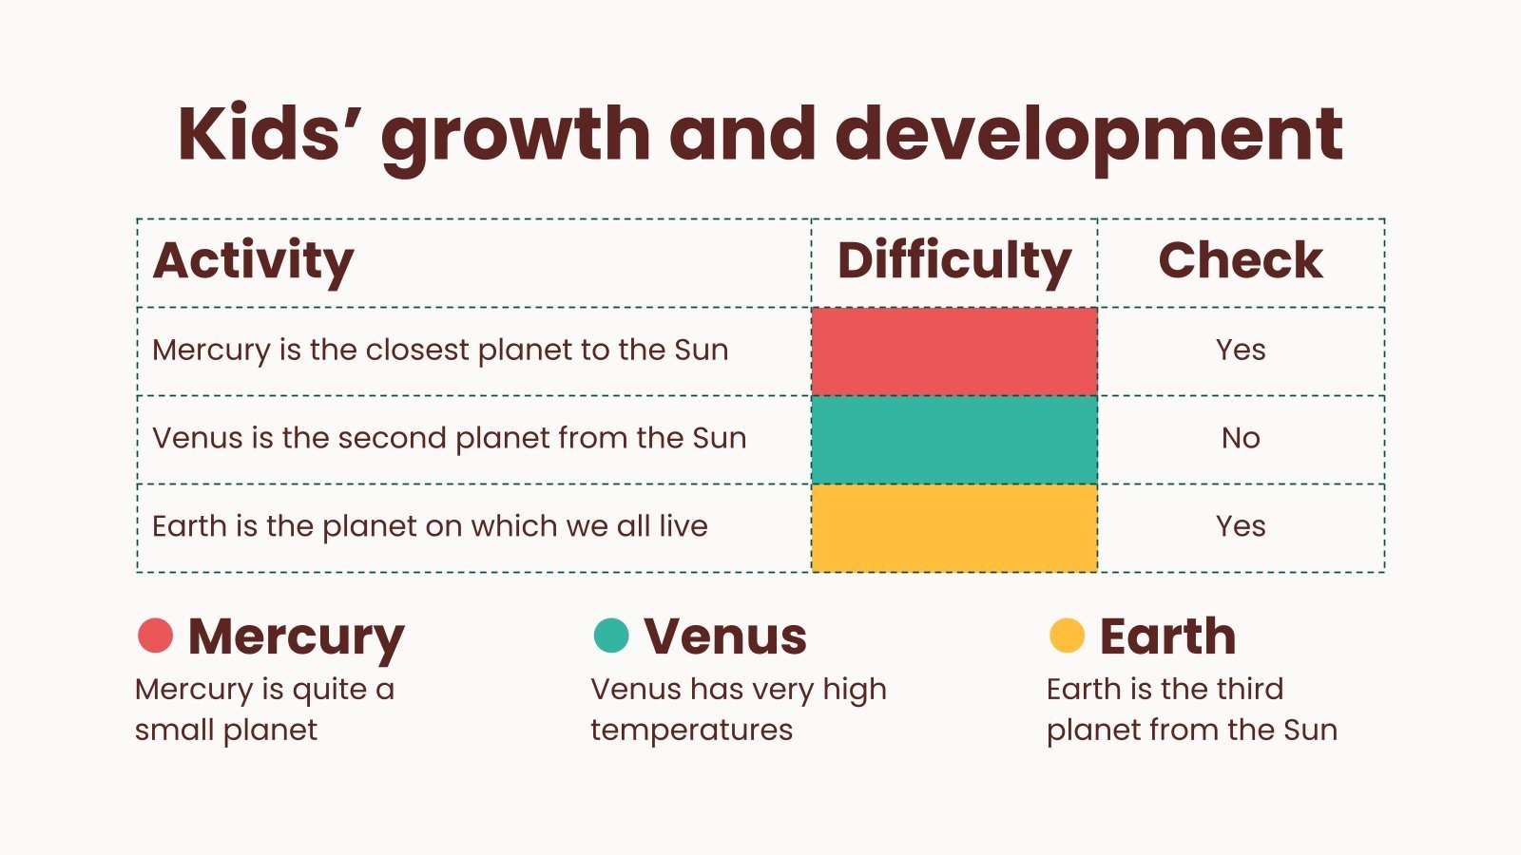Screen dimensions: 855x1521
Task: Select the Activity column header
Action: point(253,260)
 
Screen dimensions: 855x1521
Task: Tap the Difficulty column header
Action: point(954,260)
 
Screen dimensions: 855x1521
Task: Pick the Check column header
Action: point(1241,260)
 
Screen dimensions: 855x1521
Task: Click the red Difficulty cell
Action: point(954,351)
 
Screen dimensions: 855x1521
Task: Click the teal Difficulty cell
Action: point(954,439)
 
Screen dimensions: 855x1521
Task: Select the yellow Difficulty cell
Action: point(954,527)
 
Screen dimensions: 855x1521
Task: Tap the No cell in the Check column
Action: point(1241,438)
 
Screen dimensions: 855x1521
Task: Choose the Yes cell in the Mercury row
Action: point(1241,350)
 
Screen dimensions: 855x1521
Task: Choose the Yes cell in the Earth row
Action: point(1241,526)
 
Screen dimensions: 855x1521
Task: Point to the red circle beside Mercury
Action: point(155,635)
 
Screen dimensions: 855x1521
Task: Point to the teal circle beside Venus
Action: point(611,635)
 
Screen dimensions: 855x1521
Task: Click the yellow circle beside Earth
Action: point(1067,635)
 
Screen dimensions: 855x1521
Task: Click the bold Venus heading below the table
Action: point(725,636)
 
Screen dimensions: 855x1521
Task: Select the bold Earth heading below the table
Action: point(1167,636)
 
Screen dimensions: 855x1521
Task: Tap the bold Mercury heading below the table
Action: point(296,636)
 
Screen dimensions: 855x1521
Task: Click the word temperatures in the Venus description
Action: point(691,730)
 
